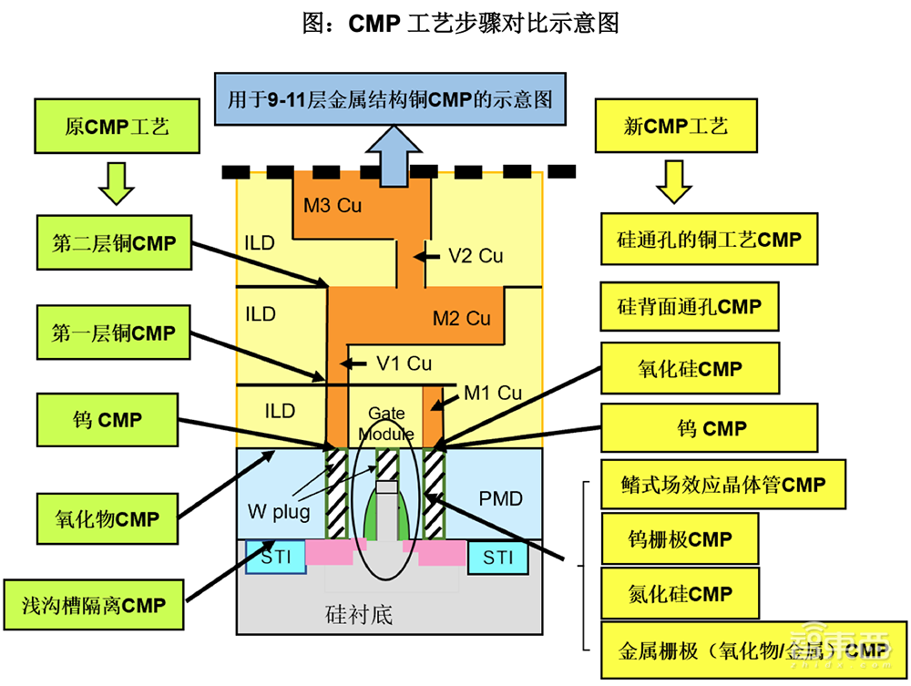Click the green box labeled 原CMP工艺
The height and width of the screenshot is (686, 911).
(118, 126)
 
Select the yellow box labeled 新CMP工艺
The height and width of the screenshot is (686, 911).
(675, 126)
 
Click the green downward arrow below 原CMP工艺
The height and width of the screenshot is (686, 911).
(117, 180)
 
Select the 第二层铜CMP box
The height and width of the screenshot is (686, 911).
(114, 243)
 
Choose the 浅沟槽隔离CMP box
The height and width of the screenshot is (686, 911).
(94, 605)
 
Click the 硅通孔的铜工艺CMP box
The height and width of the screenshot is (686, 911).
(710, 241)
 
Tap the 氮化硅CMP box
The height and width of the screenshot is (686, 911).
(680, 595)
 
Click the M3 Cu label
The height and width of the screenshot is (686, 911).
(333, 205)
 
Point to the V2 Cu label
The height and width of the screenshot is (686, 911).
(476, 256)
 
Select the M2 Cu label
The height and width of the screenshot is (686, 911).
(461, 318)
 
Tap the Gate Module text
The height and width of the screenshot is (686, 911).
(386, 424)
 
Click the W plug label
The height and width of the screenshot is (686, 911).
(278, 510)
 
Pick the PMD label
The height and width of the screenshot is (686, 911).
(501, 498)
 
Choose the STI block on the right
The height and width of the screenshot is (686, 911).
(498, 557)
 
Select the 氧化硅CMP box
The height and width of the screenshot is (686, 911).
(690, 369)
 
